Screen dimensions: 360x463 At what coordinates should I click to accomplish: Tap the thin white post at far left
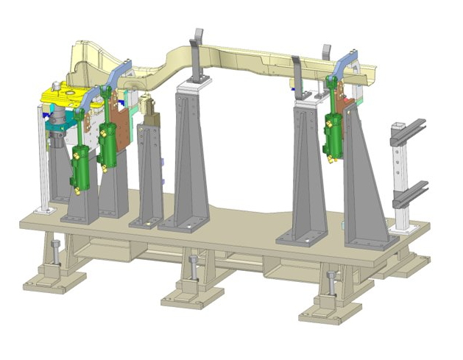(42, 158)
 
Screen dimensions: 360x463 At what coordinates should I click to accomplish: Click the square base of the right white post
(405, 230)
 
